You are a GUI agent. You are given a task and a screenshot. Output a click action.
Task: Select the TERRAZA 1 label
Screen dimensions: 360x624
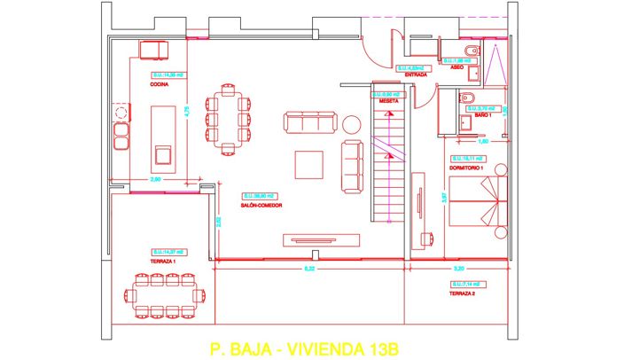163,262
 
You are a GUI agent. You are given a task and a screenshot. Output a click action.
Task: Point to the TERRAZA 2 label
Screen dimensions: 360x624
463,293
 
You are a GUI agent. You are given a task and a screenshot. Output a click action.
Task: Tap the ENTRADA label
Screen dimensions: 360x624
416,75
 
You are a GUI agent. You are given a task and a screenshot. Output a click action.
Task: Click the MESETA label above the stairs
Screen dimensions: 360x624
388,101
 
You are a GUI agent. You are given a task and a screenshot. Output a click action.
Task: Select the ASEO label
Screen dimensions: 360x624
457,68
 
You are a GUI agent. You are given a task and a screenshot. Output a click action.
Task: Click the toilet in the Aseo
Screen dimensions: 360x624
470,50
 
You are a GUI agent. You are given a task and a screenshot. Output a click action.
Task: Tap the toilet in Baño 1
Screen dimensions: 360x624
469,97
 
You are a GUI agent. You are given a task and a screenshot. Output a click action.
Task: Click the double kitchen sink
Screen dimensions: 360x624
121,136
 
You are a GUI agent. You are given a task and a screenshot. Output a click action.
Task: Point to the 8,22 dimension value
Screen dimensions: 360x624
308,267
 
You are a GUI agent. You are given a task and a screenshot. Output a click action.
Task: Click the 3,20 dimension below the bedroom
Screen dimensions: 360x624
459,267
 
